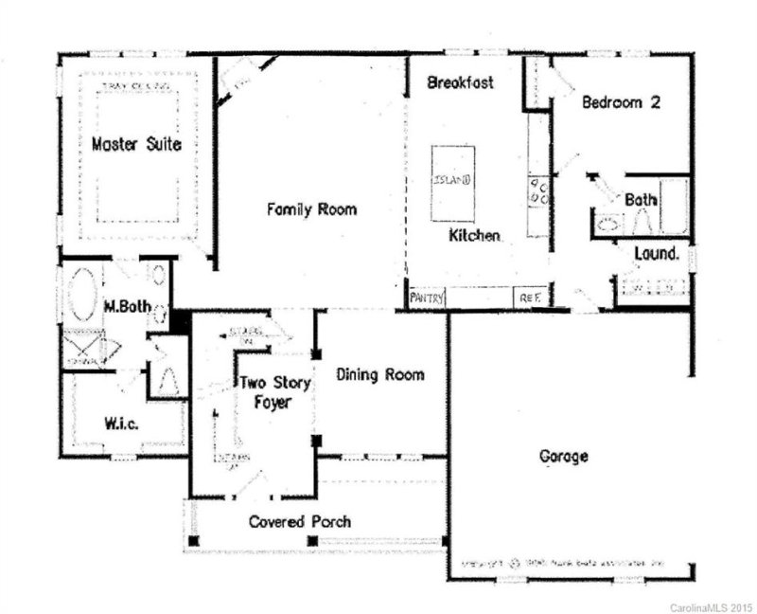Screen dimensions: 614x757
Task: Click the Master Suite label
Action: coord(137,144)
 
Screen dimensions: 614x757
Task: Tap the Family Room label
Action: coord(311,208)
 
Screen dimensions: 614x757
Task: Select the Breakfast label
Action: coord(460,82)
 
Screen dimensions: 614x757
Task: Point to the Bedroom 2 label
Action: coord(620,102)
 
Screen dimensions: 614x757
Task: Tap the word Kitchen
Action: coord(474,234)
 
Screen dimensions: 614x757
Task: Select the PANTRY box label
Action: coord(426,298)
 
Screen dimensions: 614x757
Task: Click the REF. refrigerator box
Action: coord(528,298)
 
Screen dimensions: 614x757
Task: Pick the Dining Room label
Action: coord(380,374)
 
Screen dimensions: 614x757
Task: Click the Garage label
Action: coord(564,457)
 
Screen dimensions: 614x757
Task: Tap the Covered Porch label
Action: coord(300,522)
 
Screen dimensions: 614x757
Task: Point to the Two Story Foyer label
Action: coord(264,393)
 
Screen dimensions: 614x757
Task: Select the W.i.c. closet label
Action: coord(122,424)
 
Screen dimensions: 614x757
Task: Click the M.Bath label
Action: coord(123,307)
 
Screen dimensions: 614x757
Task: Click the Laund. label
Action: coord(656,254)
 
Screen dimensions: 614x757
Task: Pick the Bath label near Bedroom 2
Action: coord(641,200)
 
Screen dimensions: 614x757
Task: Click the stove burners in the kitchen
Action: coord(538,190)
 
